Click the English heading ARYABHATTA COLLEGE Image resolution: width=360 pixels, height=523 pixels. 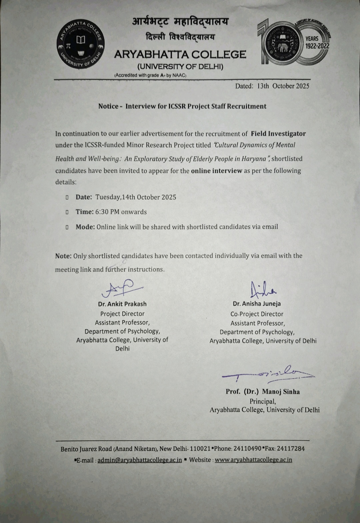tap(180, 54)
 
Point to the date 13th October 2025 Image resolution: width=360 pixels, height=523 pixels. tap(283, 86)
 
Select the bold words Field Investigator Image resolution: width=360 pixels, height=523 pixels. tap(278, 134)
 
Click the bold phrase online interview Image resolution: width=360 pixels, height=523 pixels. tap(216, 171)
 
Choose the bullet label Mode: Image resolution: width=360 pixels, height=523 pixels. tap(85, 227)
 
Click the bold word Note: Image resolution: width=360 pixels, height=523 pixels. tap(63, 256)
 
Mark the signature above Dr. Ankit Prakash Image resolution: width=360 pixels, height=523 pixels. tap(121, 289)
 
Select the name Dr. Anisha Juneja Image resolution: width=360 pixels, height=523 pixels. tap(257, 304)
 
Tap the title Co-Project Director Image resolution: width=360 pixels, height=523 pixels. tap(257, 314)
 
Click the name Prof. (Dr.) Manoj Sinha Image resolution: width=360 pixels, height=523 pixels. tap(262, 392)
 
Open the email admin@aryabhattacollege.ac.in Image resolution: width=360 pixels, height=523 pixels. tap(139, 460)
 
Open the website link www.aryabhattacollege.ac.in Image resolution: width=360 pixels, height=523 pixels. tap(253, 460)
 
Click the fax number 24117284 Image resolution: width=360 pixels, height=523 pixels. tap(291, 449)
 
